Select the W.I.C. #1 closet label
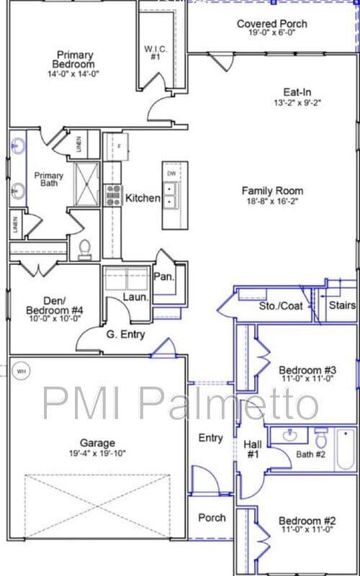coord(156,53)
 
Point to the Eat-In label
coord(297,91)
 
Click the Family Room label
coord(272,191)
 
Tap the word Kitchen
coord(143,198)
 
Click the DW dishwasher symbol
coord(171,174)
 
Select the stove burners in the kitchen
coord(113,195)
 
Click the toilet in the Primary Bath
coord(85,250)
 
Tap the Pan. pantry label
coord(163,277)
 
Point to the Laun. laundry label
coord(135,297)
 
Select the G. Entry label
coord(125,334)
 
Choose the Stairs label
coord(342,305)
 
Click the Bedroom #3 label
coord(307,371)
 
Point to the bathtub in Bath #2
coord(345,449)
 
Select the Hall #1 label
coord(253,449)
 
